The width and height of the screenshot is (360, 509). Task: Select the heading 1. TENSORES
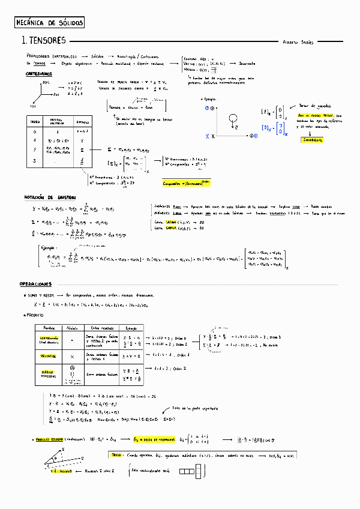coord(44,41)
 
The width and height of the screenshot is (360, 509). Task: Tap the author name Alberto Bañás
coord(298,42)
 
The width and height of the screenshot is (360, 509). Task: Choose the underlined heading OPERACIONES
coord(35,284)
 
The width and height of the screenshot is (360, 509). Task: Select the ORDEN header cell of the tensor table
coord(36,122)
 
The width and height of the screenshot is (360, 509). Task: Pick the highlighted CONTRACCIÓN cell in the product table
coord(49,340)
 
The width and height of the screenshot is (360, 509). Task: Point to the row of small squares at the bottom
coord(191,472)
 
